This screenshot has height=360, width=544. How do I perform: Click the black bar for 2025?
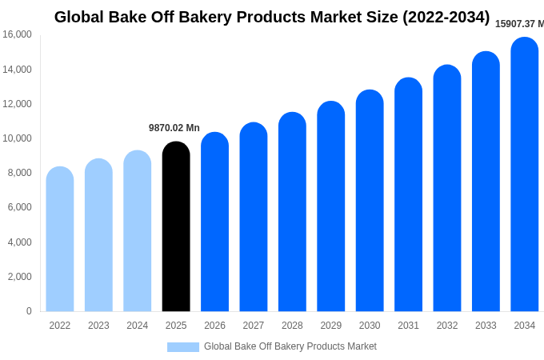click(x=176, y=228)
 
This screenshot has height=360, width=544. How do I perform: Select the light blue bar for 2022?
click(x=60, y=240)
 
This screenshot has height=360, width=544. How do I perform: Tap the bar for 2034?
click(x=525, y=176)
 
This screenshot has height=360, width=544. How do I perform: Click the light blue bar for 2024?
click(x=138, y=232)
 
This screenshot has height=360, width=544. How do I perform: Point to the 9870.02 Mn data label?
click(x=174, y=128)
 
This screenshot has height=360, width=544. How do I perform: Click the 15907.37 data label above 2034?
click(x=519, y=24)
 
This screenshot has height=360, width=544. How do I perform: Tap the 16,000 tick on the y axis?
click(x=17, y=34)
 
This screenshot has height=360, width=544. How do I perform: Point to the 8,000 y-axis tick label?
click(x=19, y=173)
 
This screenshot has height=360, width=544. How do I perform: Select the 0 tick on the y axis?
click(x=29, y=311)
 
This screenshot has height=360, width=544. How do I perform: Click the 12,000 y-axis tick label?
click(x=17, y=104)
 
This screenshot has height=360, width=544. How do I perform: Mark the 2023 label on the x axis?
click(x=98, y=326)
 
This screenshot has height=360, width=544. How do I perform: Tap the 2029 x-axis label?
click(x=331, y=326)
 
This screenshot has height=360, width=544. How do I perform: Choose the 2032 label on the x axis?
click(x=447, y=326)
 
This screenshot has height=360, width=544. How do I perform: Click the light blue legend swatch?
click(x=182, y=346)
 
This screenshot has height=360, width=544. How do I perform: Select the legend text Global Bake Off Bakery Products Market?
click(x=290, y=346)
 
